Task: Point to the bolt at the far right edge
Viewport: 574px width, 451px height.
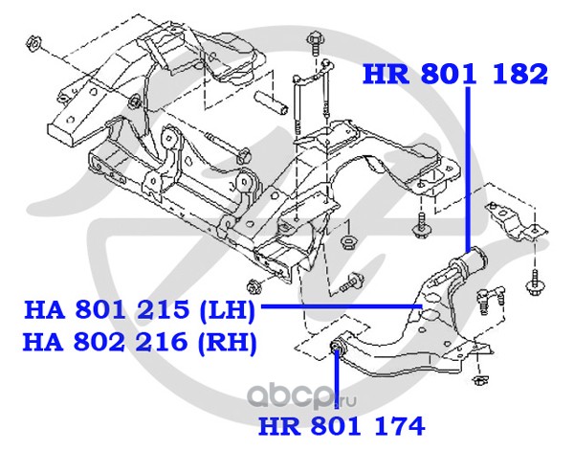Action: pyautogui.click(x=533, y=282)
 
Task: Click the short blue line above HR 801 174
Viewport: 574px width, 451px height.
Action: pyautogui.click(x=338, y=383)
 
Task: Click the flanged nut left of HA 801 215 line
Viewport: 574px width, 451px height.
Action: pyautogui.click(x=253, y=284)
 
